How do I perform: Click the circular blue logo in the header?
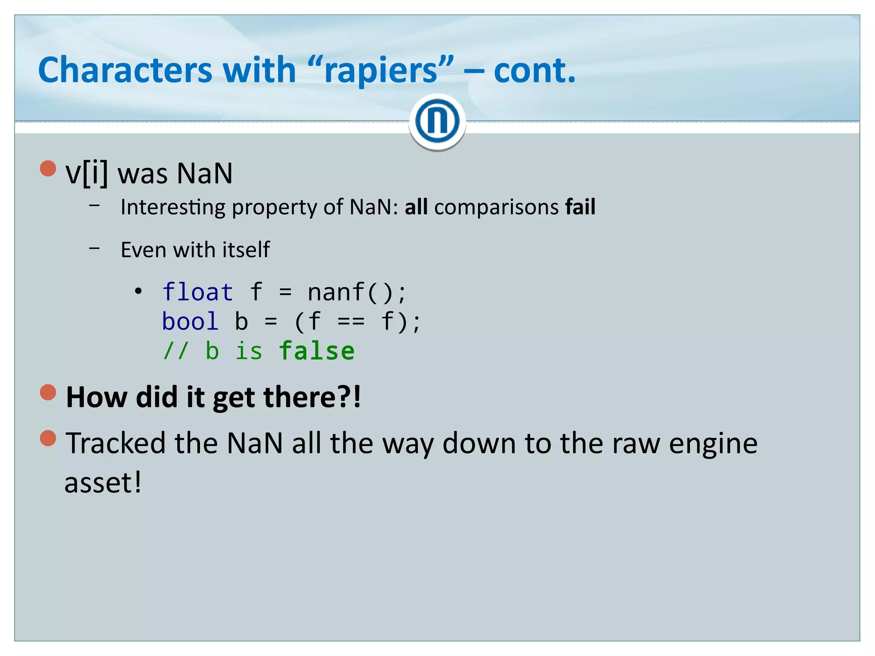(x=437, y=121)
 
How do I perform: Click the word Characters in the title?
(x=125, y=70)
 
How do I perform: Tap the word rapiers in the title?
(x=381, y=71)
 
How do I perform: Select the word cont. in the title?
(x=534, y=70)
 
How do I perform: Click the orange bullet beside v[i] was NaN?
(x=48, y=168)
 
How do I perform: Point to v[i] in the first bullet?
(x=87, y=173)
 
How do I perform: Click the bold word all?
(x=416, y=207)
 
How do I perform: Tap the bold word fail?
(x=580, y=207)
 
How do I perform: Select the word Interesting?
(x=173, y=208)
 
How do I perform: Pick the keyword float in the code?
(x=197, y=293)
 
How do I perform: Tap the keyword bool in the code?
(x=190, y=322)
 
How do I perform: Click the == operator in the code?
(x=351, y=322)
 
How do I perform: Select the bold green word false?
(x=317, y=351)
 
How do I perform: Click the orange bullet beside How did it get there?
(x=48, y=392)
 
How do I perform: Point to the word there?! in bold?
(x=312, y=397)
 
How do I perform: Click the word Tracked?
(x=115, y=443)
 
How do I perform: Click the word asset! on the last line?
(x=103, y=483)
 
